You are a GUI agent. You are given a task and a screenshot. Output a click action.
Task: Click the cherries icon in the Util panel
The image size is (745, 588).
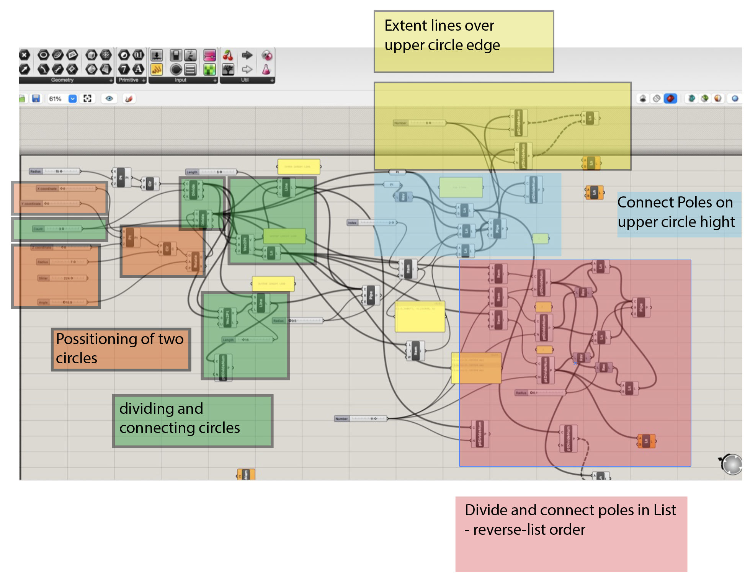pyautogui.click(x=228, y=56)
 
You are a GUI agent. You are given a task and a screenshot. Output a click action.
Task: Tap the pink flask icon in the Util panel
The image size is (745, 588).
pyautogui.click(x=266, y=70)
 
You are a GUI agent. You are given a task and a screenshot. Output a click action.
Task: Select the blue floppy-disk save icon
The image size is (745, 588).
pyautogui.click(x=36, y=99)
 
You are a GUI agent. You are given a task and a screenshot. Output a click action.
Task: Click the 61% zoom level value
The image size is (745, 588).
pyautogui.click(x=55, y=99)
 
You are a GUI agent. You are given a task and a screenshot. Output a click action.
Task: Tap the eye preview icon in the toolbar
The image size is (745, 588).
pyautogui.click(x=109, y=99)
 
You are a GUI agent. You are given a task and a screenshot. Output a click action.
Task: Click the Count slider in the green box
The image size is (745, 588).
pyautogui.click(x=57, y=229)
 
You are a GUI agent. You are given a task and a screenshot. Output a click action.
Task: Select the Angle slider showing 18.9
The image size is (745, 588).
pyautogui.click(x=63, y=302)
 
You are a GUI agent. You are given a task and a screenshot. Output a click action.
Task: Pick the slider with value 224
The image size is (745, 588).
pyautogui.click(x=63, y=278)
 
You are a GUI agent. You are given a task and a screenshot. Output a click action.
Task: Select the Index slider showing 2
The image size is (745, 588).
pyautogui.click(x=371, y=222)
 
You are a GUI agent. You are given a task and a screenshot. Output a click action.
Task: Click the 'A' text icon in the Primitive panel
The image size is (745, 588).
pyautogui.click(x=138, y=69)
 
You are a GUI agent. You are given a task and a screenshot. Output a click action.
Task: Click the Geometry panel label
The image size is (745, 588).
pyautogui.click(x=62, y=80)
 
